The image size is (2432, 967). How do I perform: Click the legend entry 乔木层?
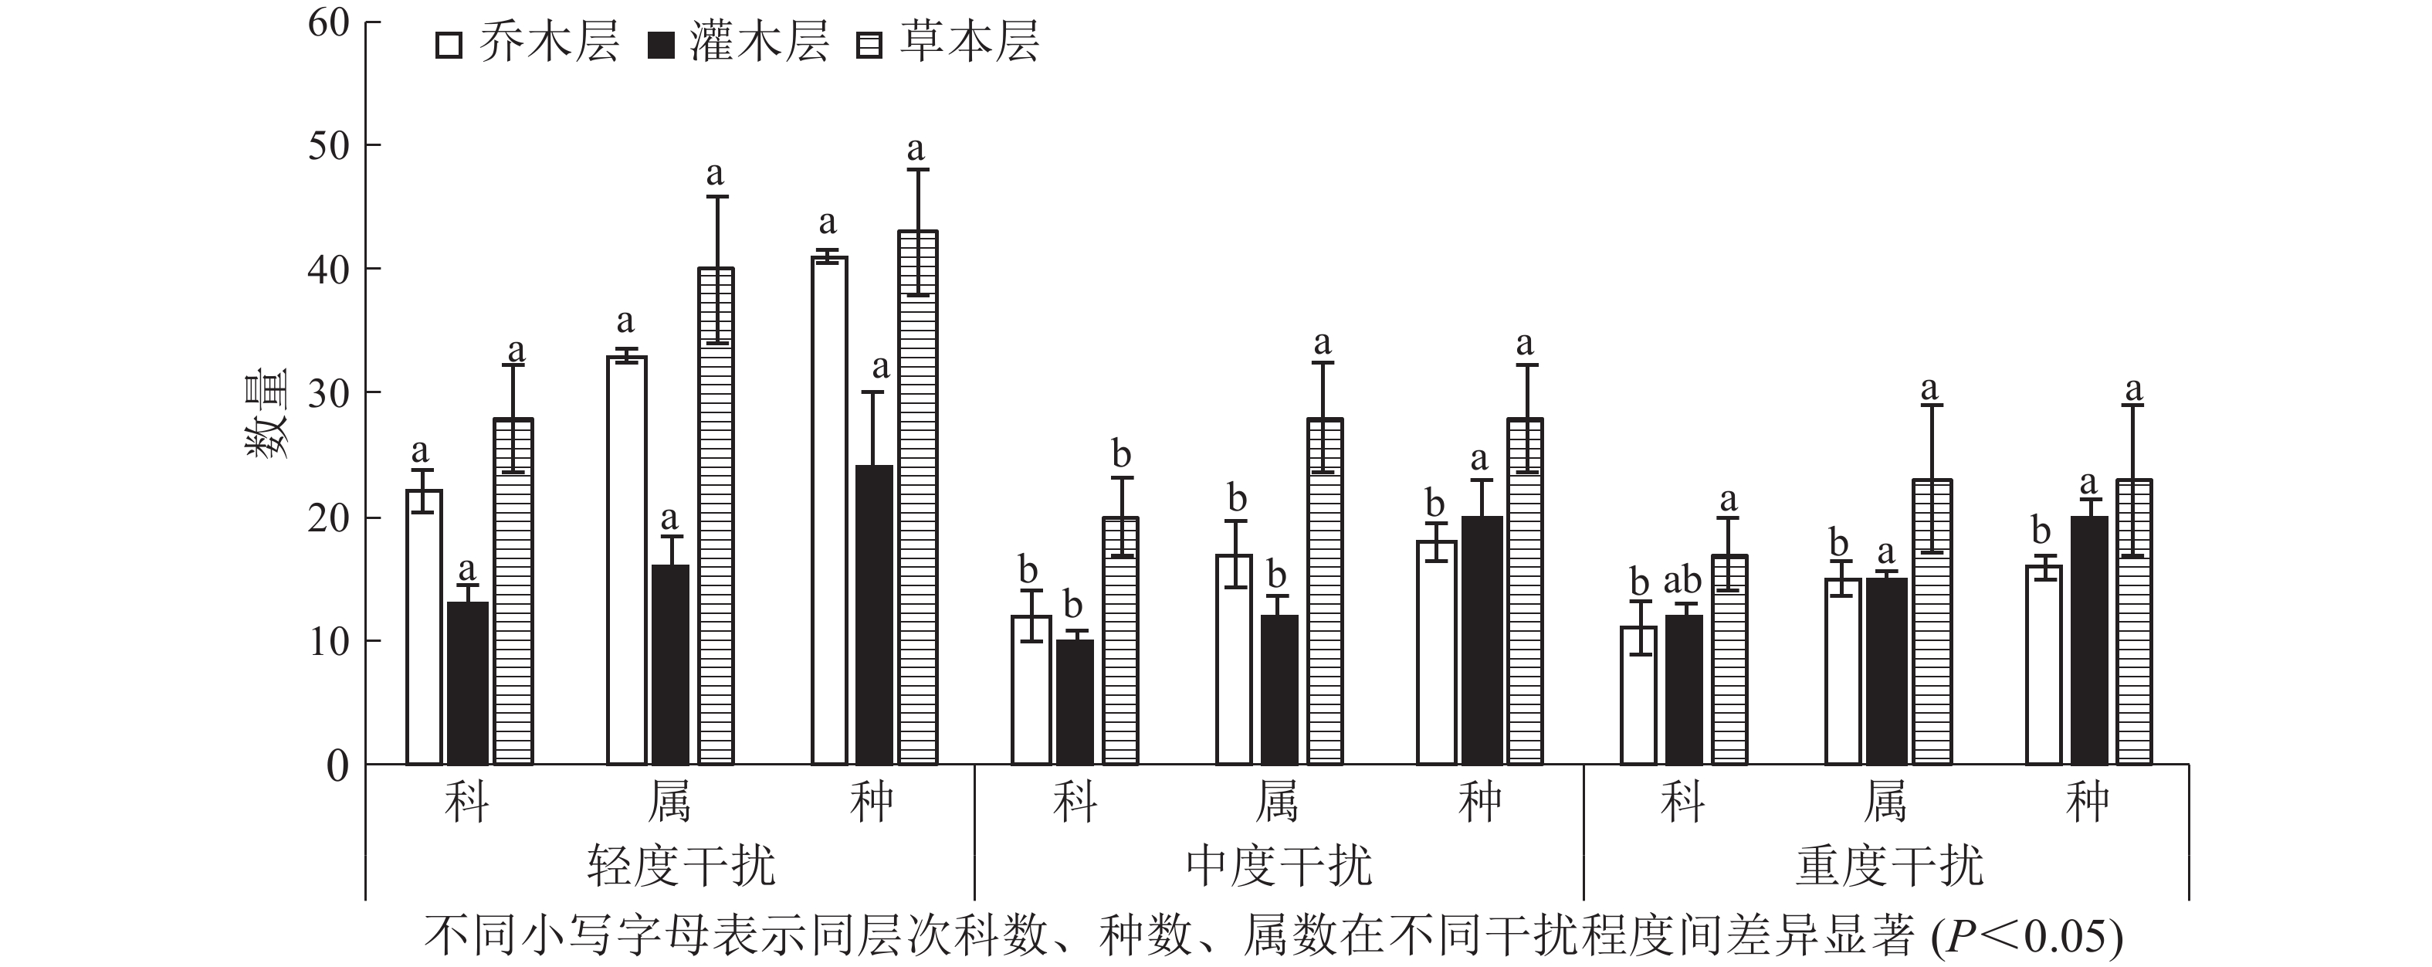[x=526, y=44]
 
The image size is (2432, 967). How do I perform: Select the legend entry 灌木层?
[x=737, y=44]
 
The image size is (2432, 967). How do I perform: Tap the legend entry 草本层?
[x=947, y=44]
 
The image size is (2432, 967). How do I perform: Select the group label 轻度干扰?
[x=681, y=866]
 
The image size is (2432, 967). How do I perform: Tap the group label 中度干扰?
[x=1279, y=866]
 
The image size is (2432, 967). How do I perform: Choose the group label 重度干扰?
[x=1888, y=866]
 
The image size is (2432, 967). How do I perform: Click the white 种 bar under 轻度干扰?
[x=829, y=510]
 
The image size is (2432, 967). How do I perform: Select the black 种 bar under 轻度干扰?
[x=873, y=614]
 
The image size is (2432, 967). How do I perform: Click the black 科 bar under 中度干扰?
[x=1075, y=701]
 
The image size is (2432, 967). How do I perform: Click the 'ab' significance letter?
[x=1682, y=581]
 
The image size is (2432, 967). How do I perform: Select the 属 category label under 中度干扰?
[x=1276, y=802]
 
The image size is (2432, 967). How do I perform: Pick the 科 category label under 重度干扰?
[x=1682, y=802]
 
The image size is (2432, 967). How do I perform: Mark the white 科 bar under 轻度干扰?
[x=424, y=626]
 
